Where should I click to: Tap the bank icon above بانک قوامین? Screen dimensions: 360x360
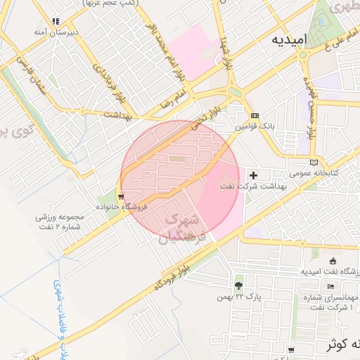255,116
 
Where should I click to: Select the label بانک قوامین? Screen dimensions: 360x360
253,127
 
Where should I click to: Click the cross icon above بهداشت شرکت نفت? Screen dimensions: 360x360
254,174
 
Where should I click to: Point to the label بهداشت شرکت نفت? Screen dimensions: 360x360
253,186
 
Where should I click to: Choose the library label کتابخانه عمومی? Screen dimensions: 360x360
316,172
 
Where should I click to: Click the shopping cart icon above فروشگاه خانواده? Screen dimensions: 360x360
122,197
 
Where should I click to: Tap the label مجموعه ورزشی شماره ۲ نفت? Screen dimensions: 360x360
60,221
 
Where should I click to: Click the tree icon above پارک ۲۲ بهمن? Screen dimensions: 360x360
239,285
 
